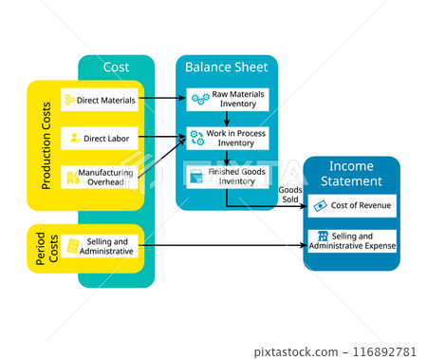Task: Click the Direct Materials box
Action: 99,99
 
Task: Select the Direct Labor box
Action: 99,139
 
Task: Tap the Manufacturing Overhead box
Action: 99,177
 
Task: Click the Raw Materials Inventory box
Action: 227,99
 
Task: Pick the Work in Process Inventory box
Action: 227,138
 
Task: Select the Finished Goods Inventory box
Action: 227,176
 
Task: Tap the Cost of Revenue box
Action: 352,205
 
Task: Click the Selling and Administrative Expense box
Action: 352,240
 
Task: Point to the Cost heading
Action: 116,67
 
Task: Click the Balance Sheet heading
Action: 226,67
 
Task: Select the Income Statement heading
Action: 351,174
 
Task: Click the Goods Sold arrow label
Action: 290,195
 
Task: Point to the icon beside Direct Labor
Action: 75,139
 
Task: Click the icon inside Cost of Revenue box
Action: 321,205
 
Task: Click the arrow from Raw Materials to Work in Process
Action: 227,119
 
